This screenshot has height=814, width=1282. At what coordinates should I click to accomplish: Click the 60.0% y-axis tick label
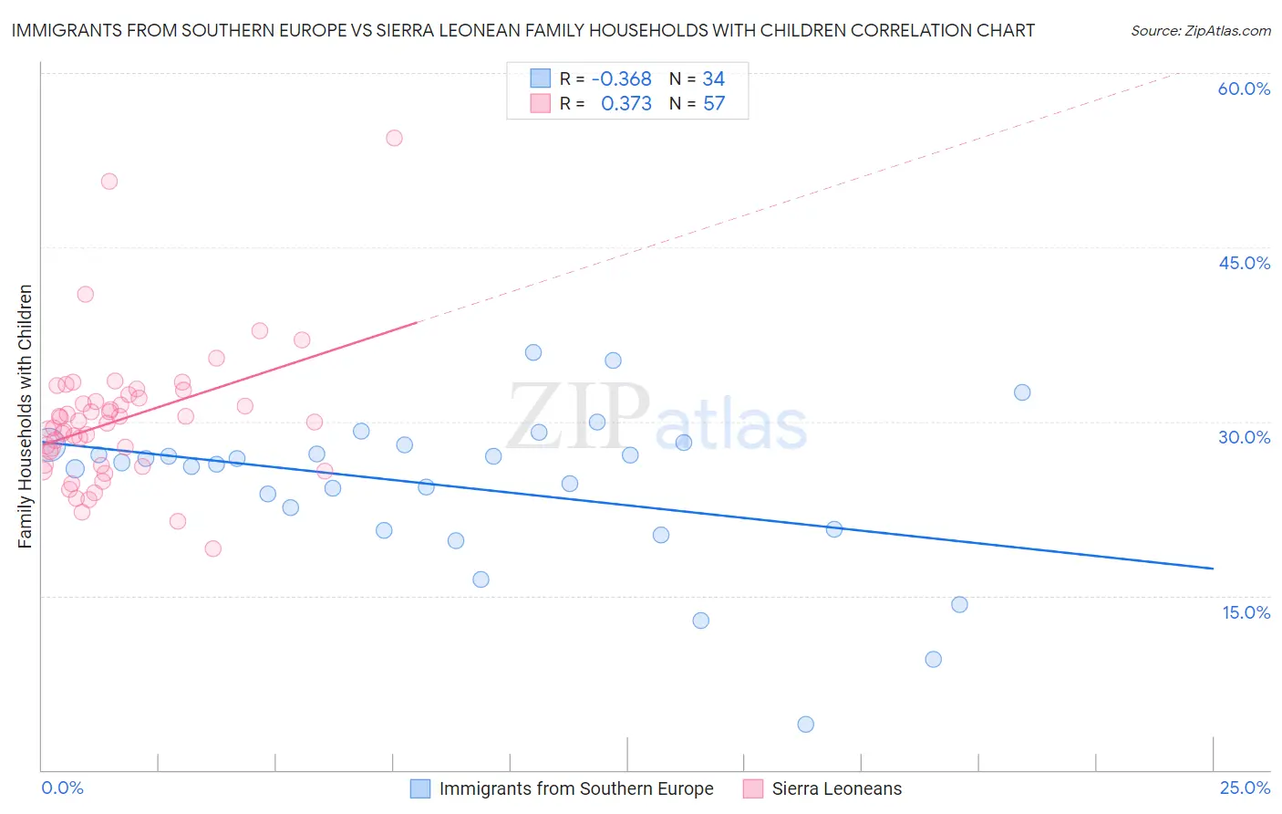pyautogui.click(x=1243, y=89)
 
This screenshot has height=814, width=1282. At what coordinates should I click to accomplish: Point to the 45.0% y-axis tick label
pyautogui.click(x=1244, y=263)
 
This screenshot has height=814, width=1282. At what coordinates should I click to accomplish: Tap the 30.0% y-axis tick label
pyautogui.click(x=1244, y=437)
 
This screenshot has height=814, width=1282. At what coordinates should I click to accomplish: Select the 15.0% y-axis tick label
pyautogui.click(x=1246, y=612)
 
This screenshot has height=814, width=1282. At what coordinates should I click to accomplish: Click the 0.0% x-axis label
pyautogui.click(x=62, y=788)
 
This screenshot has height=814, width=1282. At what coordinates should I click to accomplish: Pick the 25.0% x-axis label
pyautogui.click(x=1245, y=788)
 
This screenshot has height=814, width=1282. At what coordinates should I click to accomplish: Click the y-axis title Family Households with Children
pyautogui.click(x=25, y=416)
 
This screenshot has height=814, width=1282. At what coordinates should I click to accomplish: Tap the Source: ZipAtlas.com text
pyautogui.click(x=1200, y=31)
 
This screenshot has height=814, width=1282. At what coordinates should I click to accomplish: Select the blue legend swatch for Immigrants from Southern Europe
pyautogui.click(x=419, y=788)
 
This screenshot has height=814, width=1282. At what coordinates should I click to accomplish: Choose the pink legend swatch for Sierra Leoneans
pyautogui.click(x=752, y=788)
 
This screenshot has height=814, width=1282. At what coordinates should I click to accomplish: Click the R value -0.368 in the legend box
pyautogui.click(x=621, y=79)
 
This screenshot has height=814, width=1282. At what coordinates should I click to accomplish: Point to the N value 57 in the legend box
pyautogui.click(x=713, y=104)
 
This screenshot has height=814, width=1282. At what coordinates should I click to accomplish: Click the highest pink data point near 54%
pyautogui.click(x=394, y=138)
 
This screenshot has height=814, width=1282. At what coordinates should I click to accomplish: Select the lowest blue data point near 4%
pyautogui.click(x=805, y=725)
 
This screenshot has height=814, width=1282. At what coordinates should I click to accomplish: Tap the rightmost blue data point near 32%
pyautogui.click(x=1022, y=392)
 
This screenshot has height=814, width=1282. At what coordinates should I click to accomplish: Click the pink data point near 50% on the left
pyautogui.click(x=109, y=182)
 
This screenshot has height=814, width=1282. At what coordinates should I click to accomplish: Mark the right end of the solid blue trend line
pyautogui.click(x=1213, y=569)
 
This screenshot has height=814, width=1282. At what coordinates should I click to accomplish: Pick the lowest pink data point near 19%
pyautogui.click(x=213, y=548)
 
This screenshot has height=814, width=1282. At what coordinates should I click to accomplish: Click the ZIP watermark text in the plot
pyautogui.click(x=578, y=415)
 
